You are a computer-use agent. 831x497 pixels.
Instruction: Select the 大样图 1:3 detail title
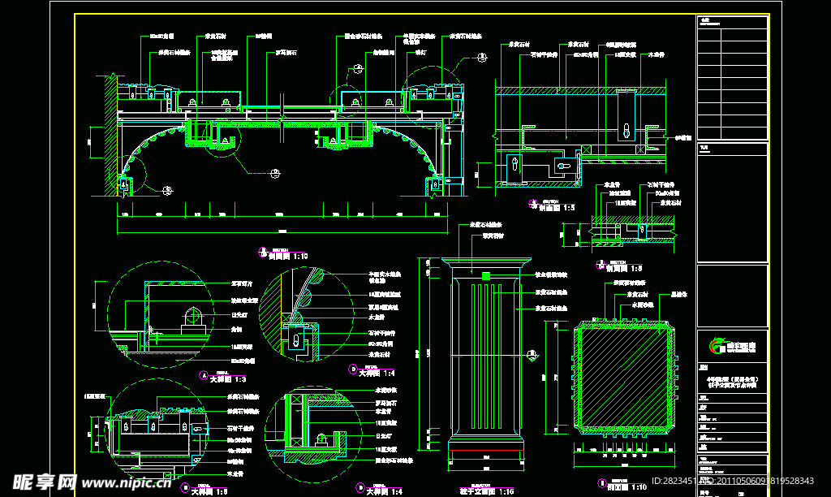pyautogui.click(x=226, y=378)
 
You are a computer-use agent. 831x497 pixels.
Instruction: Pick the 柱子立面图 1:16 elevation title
pyautogui.click(x=487, y=491)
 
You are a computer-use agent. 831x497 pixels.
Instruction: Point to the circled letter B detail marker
pyautogui.click(x=351, y=369)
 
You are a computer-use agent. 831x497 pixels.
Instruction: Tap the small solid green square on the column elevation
pyautogui.click(x=485, y=277)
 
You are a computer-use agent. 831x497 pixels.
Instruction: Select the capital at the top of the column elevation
pyautogui.click(x=486, y=265)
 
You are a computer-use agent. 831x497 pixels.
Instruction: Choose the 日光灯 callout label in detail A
pyautogui.click(x=239, y=312)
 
